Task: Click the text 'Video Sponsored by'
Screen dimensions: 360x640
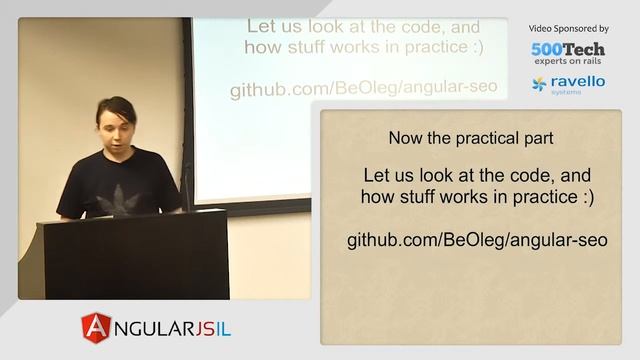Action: coord(568,29)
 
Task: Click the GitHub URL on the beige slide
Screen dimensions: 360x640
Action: coord(477,240)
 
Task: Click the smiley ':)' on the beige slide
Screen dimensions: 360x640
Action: coord(583,197)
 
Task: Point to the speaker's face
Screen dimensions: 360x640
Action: coord(118,125)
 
